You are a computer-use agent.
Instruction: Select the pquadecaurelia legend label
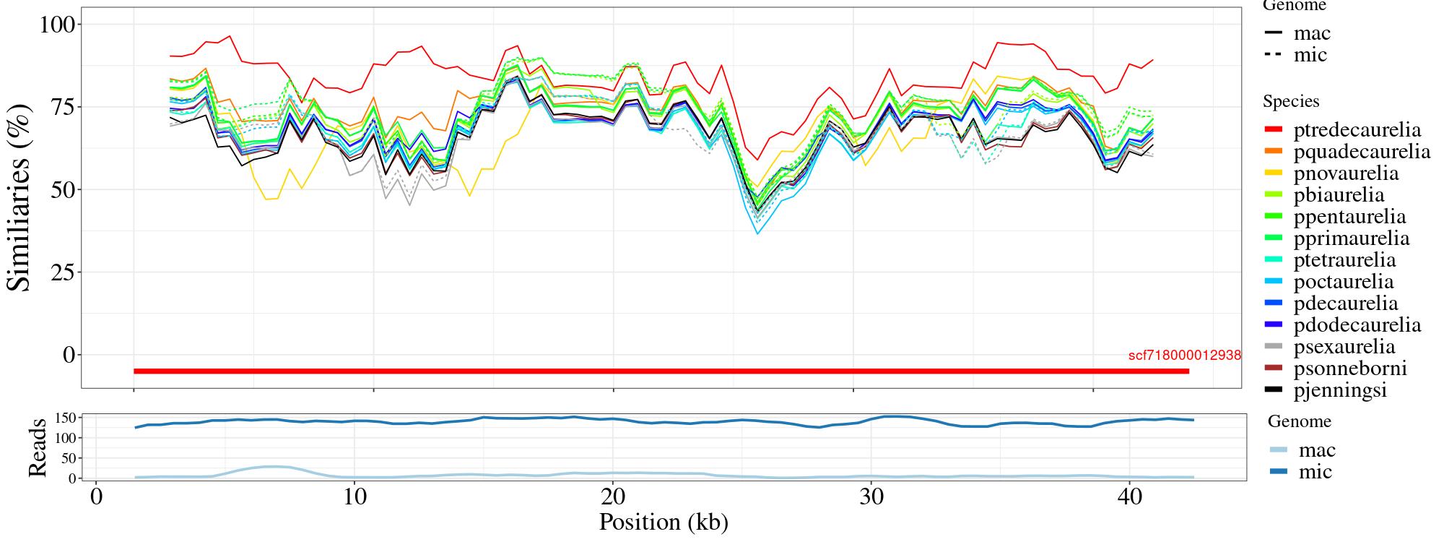click(1362, 152)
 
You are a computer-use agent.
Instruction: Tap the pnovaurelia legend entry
click(1346, 173)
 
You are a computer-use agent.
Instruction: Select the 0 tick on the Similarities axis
click(69, 355)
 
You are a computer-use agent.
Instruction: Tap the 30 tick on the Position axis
click(871, 499)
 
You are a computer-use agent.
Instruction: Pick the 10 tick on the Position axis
click(354, 499)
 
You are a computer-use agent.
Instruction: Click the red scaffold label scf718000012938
click(1184, 356)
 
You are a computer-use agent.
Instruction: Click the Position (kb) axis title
click(664, 522)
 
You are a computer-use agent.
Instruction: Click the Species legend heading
click(1291, 101)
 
